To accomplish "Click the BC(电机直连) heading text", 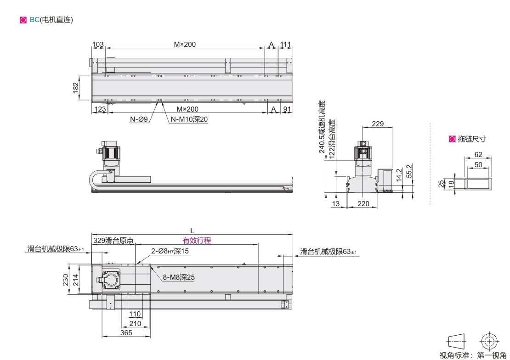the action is click(x=51, y=20).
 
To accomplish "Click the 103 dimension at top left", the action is click(x=98, y=44).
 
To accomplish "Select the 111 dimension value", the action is click(x=286, y=44).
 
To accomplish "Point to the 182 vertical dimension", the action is click(x=75, y=88).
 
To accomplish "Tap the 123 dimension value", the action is click(x=100, y=109).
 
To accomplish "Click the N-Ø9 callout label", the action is click(x=139, y=119).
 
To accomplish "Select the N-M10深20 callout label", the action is click(x=189, y=119).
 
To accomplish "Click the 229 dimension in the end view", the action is click(x=378, y=124).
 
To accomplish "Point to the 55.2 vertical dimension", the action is click(x=409, y=171).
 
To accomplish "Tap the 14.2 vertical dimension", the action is click(x=399, y=175).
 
